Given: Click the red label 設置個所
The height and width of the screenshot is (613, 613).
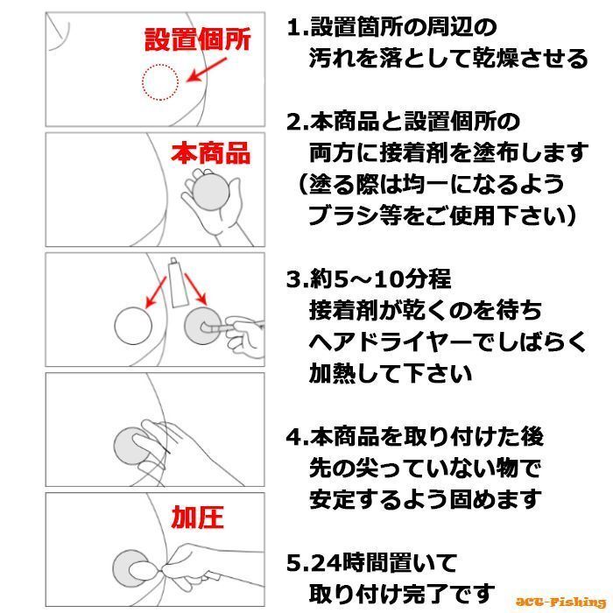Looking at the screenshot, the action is [197, 39].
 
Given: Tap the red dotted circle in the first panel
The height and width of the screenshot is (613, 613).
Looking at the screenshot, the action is [160, 65].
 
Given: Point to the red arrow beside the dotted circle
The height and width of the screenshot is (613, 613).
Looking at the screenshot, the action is [207, 70].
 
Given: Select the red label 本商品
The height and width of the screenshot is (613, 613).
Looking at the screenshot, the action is [211, 153].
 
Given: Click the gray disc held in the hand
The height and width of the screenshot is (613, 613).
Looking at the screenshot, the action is [211, 192].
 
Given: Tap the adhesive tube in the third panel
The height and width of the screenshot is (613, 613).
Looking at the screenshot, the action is [178, 282].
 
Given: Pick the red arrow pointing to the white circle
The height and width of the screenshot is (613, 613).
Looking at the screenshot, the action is [155, 292].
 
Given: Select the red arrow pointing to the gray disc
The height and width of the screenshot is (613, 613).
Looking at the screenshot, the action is [195, 288].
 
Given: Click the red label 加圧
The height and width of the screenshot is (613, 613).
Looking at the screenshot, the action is [197, 517].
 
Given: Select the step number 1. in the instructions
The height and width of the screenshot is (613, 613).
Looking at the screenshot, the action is [298, 28].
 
